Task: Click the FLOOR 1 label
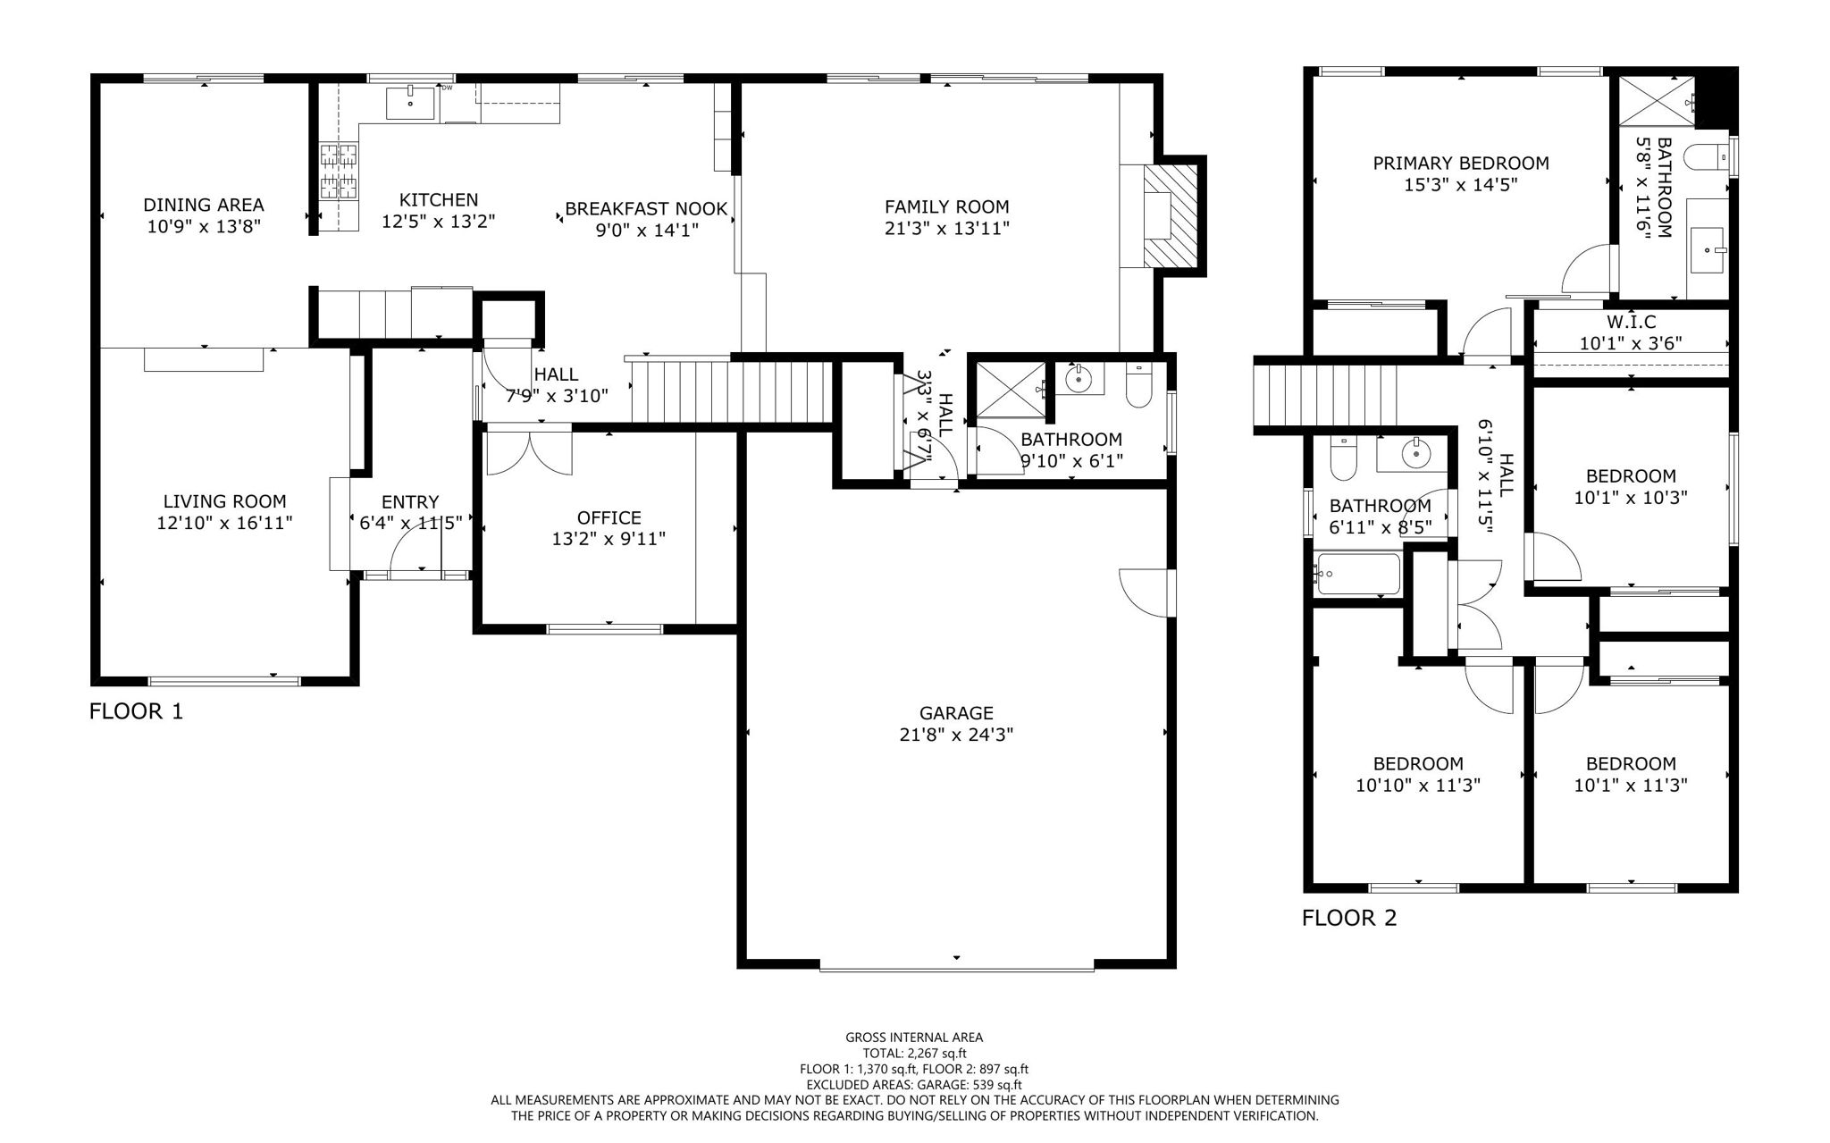136,711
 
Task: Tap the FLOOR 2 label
1348,918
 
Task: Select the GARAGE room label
956,713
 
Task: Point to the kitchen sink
410,103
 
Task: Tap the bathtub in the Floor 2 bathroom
1357,575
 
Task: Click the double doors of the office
529,452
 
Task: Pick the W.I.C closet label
1631,322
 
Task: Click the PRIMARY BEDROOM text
1460,164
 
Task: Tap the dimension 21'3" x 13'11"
946,229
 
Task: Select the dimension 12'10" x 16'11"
224,523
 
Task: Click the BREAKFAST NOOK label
646,209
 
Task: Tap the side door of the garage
1146,591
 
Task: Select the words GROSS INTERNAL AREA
914,1038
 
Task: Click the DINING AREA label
204,206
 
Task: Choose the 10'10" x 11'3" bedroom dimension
1418,786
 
